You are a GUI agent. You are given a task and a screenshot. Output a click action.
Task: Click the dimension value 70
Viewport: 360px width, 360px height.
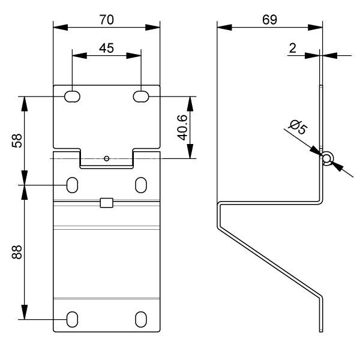click(106, 19)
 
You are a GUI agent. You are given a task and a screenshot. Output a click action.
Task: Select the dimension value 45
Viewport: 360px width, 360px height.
click(106, 48)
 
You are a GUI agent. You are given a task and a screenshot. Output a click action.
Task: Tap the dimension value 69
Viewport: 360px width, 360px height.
click(269, 19)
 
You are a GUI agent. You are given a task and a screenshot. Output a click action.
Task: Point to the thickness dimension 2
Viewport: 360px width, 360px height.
click(293, 48)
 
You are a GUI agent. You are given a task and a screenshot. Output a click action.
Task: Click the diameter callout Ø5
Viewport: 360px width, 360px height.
click(298, 128)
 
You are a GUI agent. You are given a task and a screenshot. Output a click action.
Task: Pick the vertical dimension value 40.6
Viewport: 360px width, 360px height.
click(183, 127)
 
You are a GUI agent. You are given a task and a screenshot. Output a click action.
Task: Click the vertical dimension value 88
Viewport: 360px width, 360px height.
click(17, 253)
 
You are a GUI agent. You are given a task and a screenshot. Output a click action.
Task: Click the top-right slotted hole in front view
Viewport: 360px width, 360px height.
click(141, 96)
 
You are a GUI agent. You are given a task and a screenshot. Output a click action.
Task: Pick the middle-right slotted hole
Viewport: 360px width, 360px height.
click(141, 184)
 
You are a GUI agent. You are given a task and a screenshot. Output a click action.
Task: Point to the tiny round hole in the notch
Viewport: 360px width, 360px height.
click(106, 158)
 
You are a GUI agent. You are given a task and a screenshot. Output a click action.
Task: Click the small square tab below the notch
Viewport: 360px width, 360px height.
click(106, 202)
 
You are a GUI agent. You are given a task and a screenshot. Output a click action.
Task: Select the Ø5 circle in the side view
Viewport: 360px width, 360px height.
click(326, 158)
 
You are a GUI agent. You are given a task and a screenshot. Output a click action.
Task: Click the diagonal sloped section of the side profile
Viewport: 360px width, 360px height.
click(270, 251)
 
